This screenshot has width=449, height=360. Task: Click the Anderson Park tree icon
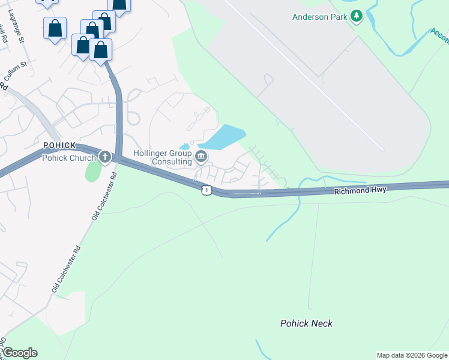point(357,16)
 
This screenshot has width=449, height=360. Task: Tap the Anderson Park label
point(319,17)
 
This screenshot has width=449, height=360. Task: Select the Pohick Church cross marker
point(105,157)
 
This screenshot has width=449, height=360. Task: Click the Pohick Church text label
point(68,158)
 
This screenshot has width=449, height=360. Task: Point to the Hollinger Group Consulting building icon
point(201,158)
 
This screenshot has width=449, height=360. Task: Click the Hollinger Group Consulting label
point(163,157)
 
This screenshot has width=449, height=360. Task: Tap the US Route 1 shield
point(206,190)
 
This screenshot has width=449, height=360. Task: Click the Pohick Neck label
point(306,323)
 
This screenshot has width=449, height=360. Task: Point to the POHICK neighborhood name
point(59,146)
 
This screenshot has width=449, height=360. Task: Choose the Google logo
point(20,353)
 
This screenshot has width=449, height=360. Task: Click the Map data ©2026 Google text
point(411,355)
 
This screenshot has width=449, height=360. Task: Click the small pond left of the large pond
point(185,146)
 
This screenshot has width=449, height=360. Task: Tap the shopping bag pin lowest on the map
point(101,50)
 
